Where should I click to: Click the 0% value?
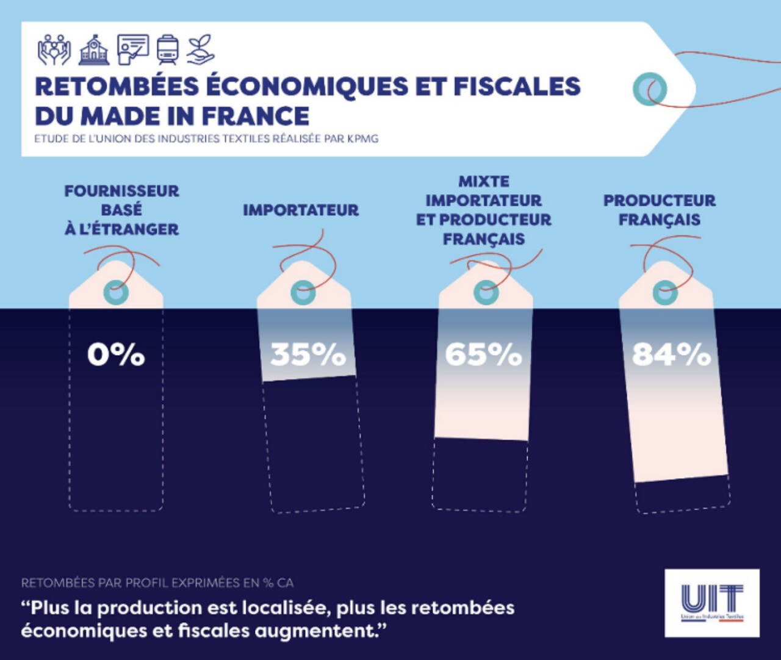click(116, 354)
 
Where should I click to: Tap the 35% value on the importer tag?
click(308, 354)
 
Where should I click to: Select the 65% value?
click(483, 354)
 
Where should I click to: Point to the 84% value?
click(671, 354)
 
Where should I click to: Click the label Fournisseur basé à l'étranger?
click(121, 210)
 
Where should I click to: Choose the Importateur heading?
click(301, 210)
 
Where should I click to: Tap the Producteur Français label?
click(660, 210)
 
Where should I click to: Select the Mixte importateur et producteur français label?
click(483, 210)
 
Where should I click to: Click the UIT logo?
click(712, 603)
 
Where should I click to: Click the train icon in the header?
click(167, 49)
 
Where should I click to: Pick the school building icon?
click(94, 49)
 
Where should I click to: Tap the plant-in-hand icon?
click(200, 49)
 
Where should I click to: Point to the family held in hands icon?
click(54, 49)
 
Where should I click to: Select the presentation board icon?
click(132, 49)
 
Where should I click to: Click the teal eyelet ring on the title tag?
click(649, 89)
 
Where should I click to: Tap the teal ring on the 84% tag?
click(664, 293)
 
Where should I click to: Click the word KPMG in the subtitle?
click(362, 138)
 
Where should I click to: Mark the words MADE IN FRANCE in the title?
click(195, 116)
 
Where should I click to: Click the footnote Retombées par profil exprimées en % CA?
click(157, 583)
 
